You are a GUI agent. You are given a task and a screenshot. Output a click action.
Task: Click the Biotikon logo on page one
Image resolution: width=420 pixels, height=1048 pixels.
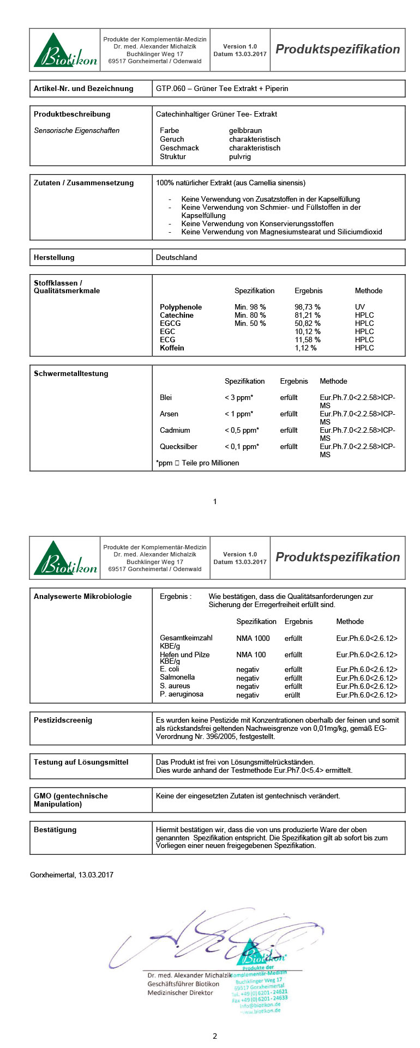click(65, 50)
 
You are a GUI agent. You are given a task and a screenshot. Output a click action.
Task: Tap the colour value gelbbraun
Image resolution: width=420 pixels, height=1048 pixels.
click(245, 131)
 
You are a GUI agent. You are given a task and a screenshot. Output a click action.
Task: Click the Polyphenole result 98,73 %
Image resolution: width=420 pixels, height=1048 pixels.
click(308, 307)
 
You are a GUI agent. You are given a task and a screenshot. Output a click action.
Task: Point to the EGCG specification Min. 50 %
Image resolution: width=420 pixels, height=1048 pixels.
click(250, 324)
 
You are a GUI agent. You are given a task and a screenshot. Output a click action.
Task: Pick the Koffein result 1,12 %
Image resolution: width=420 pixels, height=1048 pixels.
click(305, 348)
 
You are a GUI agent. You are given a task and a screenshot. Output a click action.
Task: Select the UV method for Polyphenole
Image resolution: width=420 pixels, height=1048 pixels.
click(360, 307)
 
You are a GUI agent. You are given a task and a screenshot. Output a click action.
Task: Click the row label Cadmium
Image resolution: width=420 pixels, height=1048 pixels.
click(175, 431)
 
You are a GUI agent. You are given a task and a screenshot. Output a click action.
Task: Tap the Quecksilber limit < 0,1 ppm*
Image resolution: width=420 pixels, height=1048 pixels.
click(242, 447)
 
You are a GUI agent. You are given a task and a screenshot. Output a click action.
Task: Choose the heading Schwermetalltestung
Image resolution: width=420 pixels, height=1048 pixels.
click(71, 374)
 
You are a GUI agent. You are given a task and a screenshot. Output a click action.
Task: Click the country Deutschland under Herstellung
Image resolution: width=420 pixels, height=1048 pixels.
click(176, 258)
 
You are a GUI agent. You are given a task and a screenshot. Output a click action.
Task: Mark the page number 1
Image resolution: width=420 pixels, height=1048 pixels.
click(215, 501)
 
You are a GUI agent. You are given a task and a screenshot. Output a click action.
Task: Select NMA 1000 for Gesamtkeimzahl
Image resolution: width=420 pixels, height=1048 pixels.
click(253, 639)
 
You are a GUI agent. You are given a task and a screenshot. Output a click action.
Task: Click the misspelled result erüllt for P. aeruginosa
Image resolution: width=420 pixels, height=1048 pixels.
click(293, 695)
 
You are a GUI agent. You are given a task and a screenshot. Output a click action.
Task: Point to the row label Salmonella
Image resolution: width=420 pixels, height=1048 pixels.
click(177, 677)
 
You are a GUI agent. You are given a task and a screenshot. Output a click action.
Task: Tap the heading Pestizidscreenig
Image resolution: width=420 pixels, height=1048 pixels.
click(63, 720)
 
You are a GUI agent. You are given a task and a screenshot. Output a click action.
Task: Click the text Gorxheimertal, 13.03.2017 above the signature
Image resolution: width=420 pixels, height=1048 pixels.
click(71, 875)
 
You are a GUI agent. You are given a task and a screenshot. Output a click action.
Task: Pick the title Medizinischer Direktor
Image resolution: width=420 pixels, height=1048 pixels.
click(180, 993)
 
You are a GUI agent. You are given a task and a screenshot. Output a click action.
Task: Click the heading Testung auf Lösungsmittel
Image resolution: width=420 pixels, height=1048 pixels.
click(81, 762)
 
